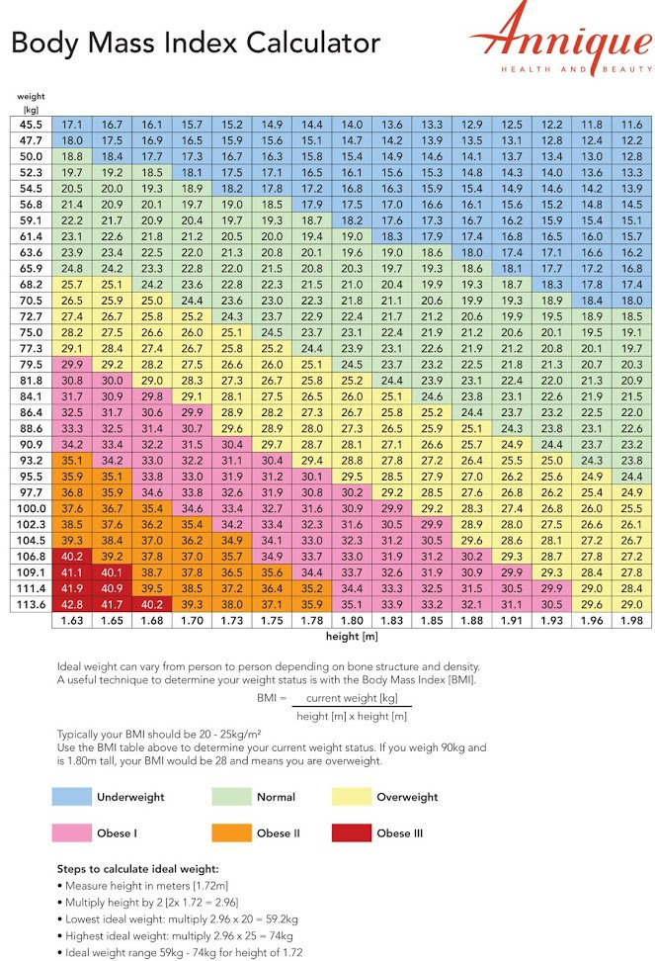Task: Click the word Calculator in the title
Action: pos(313,43)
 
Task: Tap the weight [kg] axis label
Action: pos(31,103)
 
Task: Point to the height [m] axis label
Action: pos(352,636)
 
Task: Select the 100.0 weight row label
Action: pos(31,508)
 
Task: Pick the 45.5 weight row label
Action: pos(31,125)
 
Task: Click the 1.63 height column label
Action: pos(71,620)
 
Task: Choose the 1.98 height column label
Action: pos(631,620)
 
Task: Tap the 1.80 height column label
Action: pos(352,620)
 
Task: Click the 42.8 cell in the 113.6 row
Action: pos(71,604)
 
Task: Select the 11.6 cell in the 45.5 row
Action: pos(631,125)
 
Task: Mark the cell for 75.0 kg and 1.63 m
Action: pos(71,332)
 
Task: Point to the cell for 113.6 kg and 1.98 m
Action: pos(631,604)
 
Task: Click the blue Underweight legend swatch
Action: pos(71,797)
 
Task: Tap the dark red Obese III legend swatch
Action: pos(352,832)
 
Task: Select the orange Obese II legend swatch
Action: pos(231,832)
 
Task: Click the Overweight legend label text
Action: pos(407,797)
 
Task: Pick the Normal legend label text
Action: pos(276,797)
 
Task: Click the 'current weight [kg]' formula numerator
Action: pos(352,698)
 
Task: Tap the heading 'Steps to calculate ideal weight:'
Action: pos(137,868)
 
